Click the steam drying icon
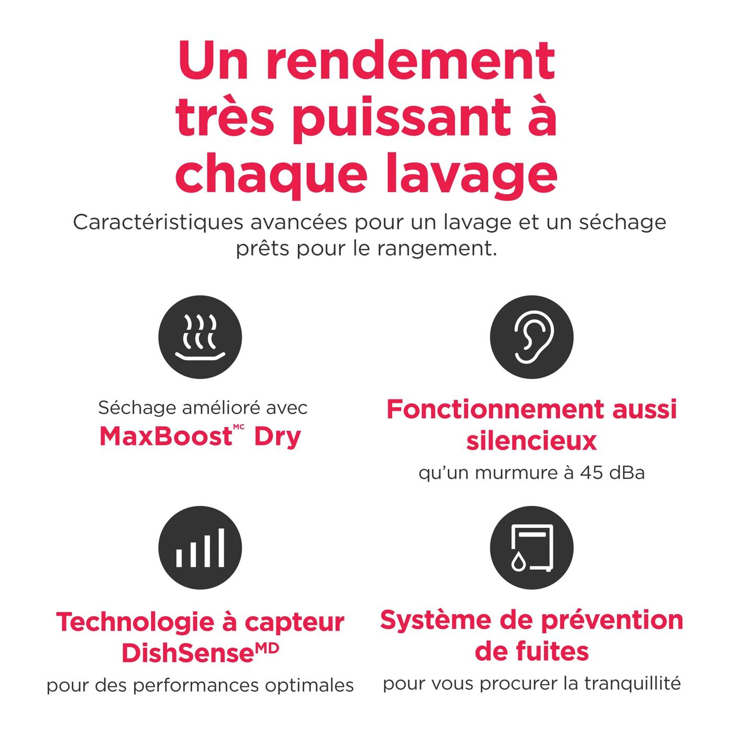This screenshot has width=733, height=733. click(200, 337)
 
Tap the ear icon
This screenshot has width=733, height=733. click(531, 337)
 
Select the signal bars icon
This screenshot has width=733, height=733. click(200, 548)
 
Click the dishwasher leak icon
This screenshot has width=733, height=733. click(531, 548)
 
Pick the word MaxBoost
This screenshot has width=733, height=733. click(165, 436)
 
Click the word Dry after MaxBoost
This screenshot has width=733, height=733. click(277, 436)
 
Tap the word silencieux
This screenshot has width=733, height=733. click(531, 440)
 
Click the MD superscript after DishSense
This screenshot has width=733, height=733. click(267, 649)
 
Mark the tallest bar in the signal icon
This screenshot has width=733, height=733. click(221, 548)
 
